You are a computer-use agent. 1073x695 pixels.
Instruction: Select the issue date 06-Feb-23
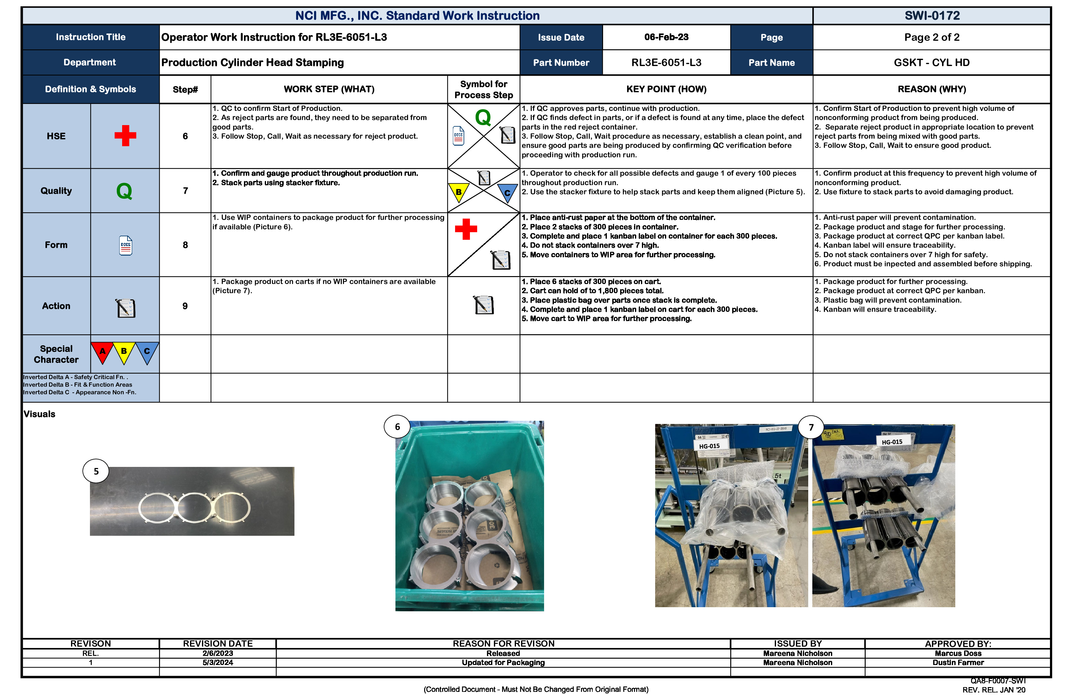coord(666,37)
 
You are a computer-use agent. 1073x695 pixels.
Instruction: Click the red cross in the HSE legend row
coord(125,136)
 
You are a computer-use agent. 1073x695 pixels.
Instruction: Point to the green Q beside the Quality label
coord(124,191)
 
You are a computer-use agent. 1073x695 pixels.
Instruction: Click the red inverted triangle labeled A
coord(102,352)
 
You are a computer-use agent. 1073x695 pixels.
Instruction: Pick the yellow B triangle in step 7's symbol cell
coord(459,192)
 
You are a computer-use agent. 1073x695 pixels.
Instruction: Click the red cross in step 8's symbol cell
coord(466,229)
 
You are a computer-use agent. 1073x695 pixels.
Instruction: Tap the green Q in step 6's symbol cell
coord(483,118)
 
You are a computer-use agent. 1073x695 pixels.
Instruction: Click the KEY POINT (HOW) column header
coord(666,89)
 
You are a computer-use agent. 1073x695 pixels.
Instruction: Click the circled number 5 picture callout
coord(96,471)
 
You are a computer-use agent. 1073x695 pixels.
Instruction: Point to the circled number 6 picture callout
coord(397,427)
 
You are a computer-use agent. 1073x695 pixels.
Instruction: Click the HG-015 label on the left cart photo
coord(709,446)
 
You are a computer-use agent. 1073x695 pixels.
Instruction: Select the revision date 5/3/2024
coord(217,662)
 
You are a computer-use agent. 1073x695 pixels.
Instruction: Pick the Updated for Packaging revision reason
coord(503,662)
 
